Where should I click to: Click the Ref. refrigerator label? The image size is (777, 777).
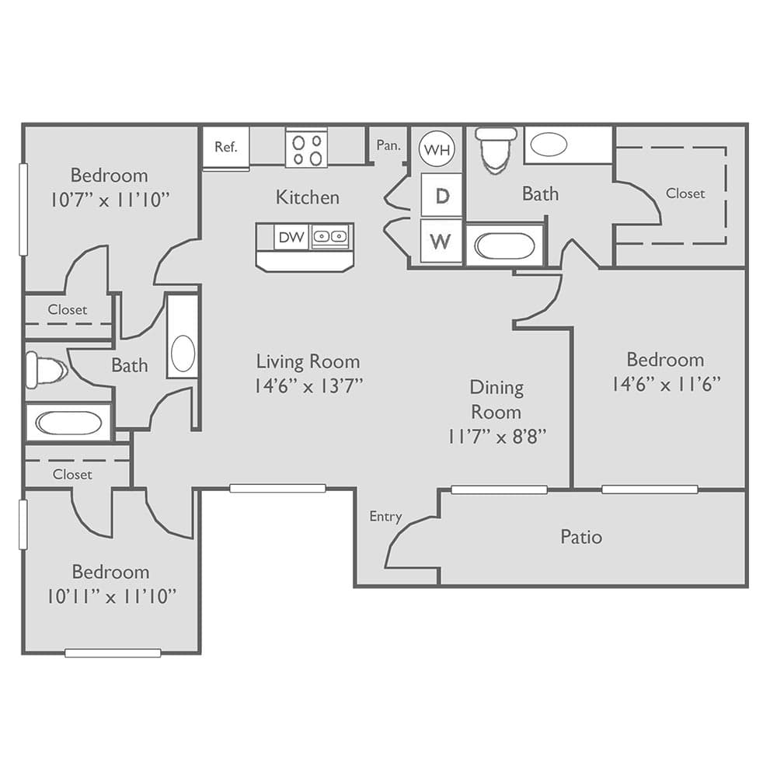[x=226, y=147]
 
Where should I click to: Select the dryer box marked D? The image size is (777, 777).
[x=441, y=195]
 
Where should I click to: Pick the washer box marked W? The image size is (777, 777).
[x=441, y=241]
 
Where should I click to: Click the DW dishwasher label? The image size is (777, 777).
[x=291, y=237]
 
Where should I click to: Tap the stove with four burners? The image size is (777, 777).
[x=306, y=148]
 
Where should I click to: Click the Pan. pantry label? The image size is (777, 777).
[x=388, y=145]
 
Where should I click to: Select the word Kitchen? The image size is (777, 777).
[x=308, y=197]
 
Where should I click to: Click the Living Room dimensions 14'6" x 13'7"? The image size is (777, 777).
[x=308, y=385]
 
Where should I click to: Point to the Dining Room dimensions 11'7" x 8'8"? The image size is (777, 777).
[x=497, y=436]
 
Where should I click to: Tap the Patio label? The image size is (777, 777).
[x=581, y=537]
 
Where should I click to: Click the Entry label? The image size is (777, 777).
[x=385, y=517]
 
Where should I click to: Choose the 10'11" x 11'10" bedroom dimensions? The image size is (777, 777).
[x=111, y=597]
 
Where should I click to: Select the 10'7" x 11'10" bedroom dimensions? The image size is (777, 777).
[x=110, y=200]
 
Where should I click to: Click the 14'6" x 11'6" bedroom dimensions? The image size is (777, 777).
[x=665, y=384]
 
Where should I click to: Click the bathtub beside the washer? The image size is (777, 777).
[x=503, y=246]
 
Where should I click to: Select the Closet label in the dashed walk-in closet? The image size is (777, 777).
[x=685, y=193]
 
